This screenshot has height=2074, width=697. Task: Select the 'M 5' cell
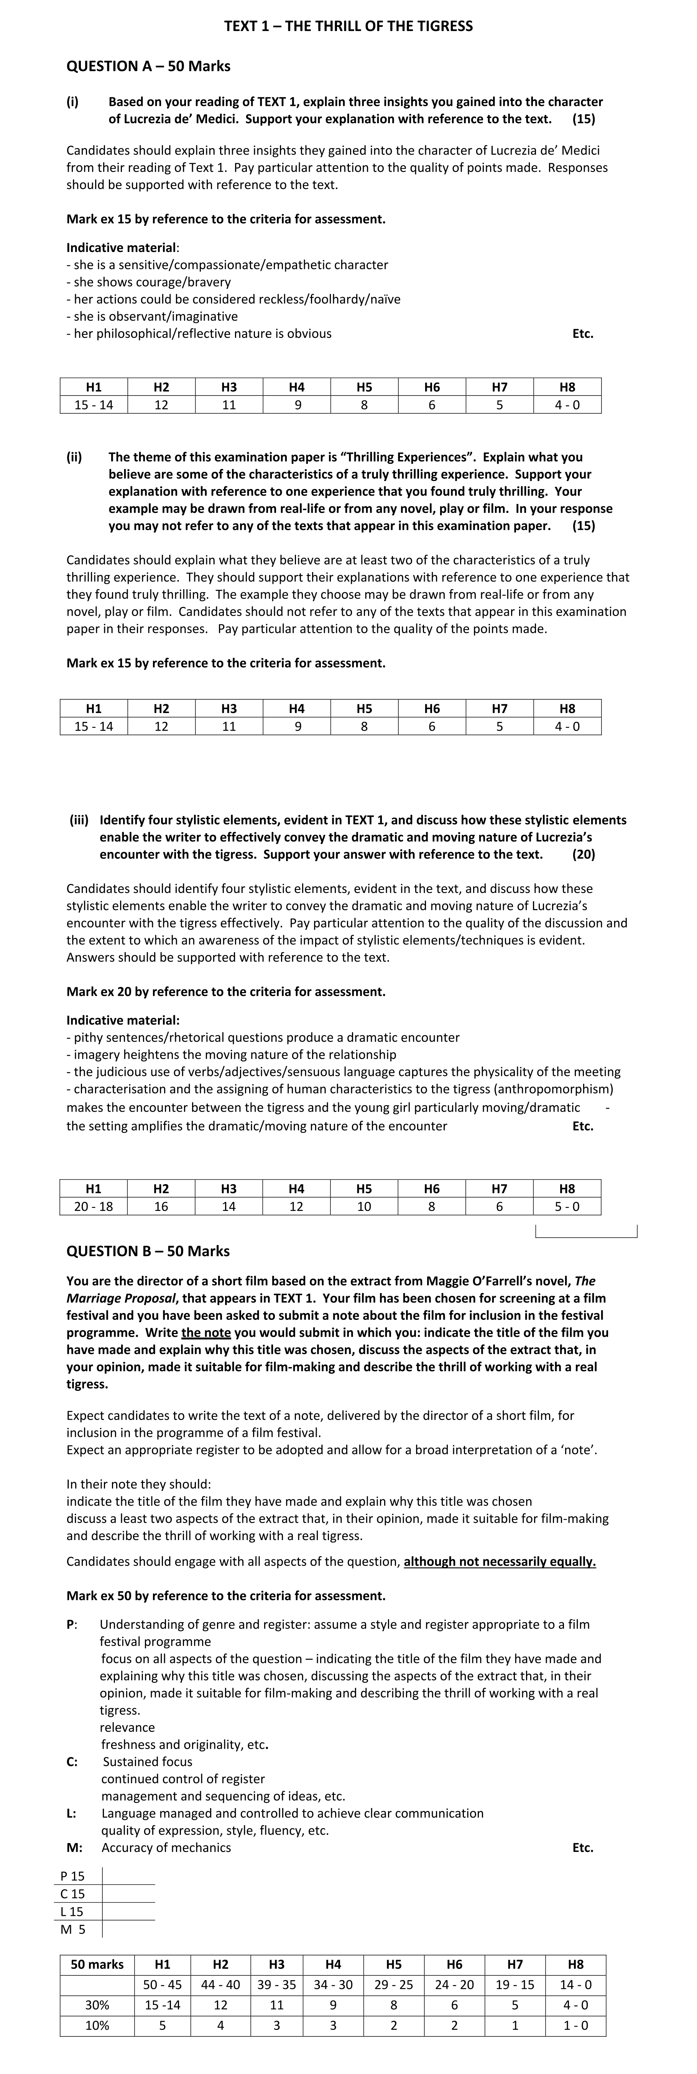72,1929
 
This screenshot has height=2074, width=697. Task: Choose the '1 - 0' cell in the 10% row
575,2025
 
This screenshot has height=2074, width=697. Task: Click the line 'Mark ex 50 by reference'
225,1596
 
